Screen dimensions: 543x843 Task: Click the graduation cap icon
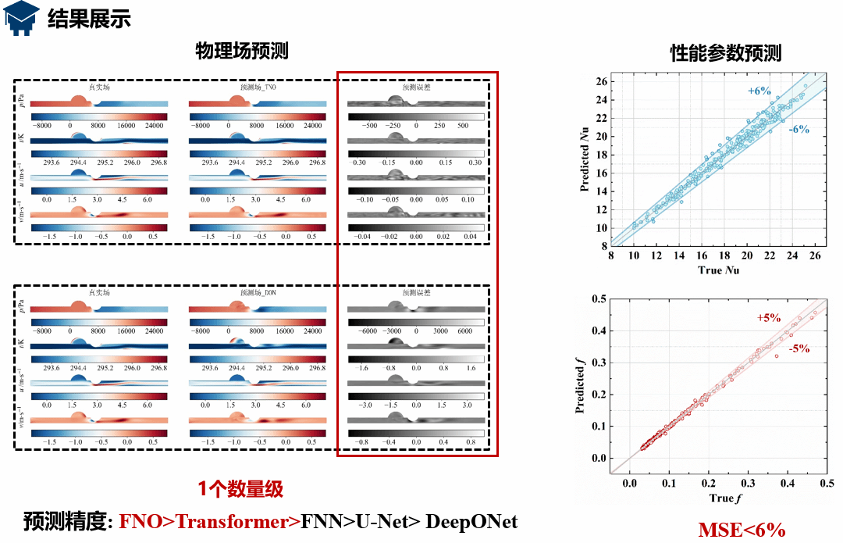(x=22, y=19)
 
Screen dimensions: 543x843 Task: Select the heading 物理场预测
(x=242, y=51)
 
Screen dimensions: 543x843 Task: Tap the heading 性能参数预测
(x=726, y=53)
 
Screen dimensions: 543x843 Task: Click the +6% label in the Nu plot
(x=759, y=91)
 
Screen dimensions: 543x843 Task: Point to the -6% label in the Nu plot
(x=798, y=130)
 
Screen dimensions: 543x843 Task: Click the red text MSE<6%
(x=741, y=530)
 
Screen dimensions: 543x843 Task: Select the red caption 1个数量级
(x=240, y=490)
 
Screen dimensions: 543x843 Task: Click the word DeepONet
(x=471, y=521)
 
